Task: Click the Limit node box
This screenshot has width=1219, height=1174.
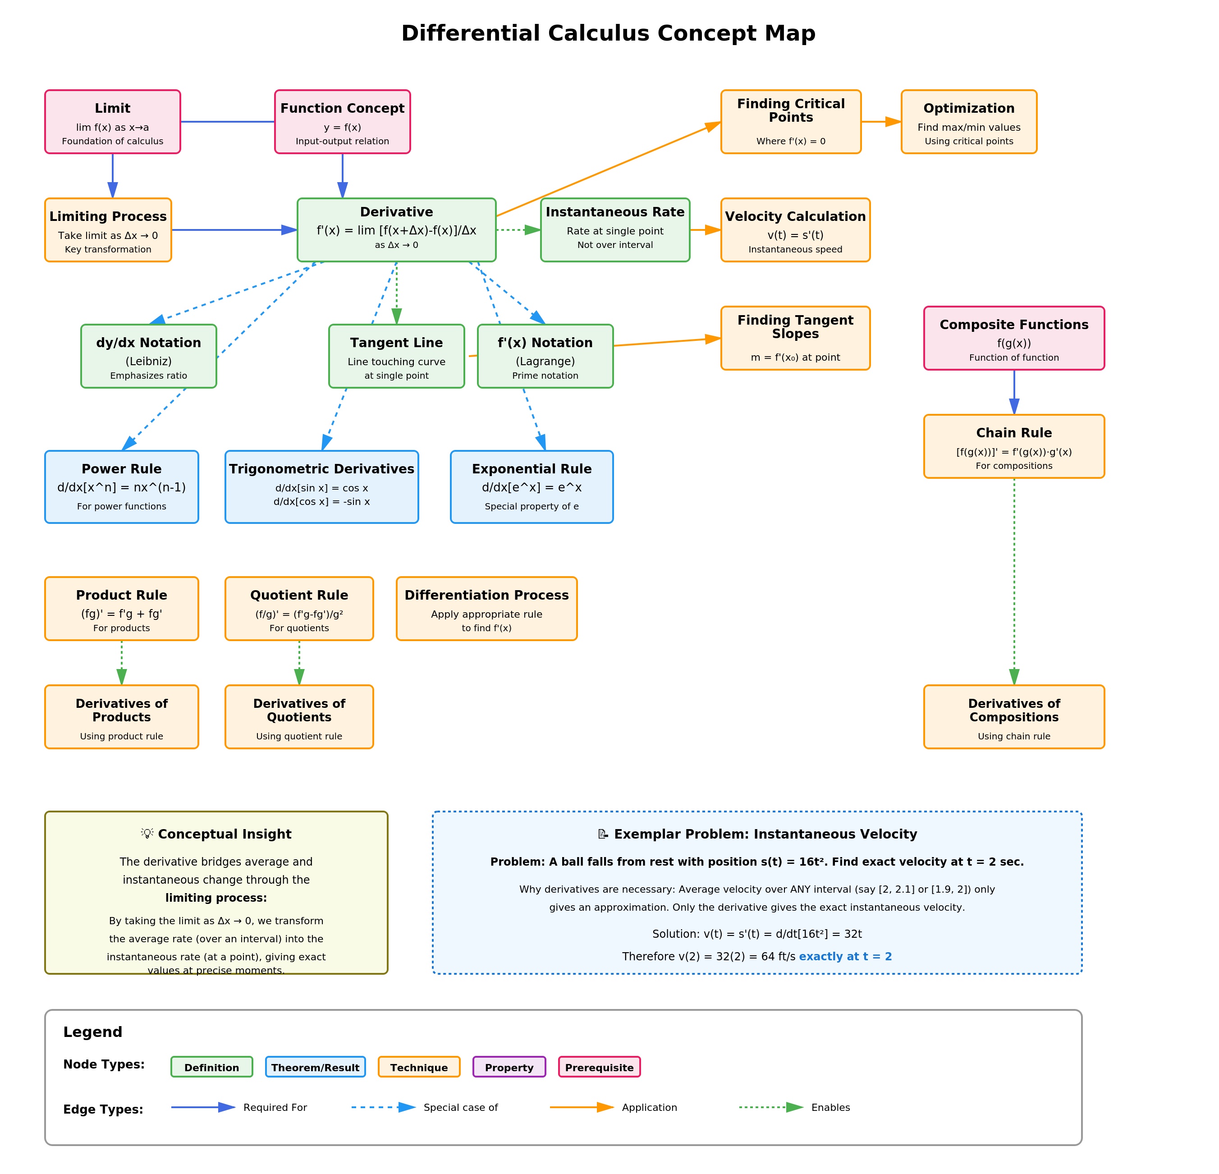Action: pos(113,122)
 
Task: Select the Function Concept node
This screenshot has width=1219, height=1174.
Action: pos(342,122)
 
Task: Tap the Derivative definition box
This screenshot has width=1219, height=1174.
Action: pos(396,229)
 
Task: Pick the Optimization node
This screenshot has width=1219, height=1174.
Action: pos(968,122)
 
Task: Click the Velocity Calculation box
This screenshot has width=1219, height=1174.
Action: pos(795,230)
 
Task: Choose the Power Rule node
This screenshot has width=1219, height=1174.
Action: pos(121,487)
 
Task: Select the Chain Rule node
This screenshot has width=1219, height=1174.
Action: pos(1014,446)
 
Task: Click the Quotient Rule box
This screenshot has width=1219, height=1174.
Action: pos(299,609)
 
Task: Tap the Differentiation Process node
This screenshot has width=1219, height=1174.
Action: pos(486,609)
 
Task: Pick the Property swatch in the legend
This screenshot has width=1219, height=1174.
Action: pos(509,1067)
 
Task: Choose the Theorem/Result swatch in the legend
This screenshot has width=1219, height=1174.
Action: pos(315,1067)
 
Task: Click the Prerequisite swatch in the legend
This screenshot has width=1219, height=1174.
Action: pos(599,1067)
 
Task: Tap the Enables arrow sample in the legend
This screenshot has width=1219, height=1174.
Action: pos(771,1107)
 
